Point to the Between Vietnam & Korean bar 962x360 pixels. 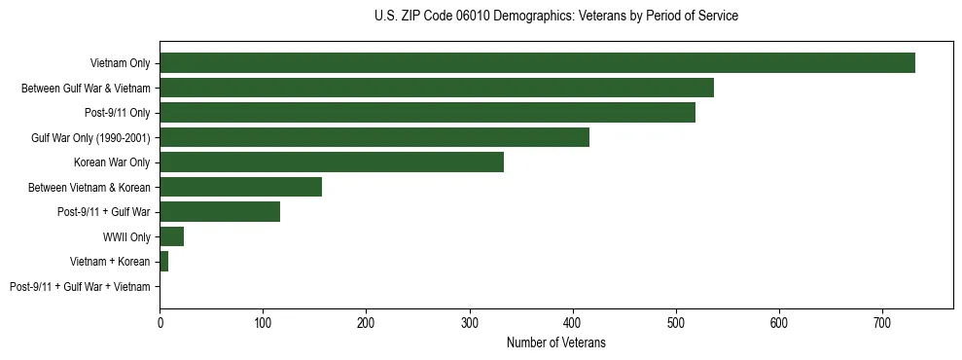240,187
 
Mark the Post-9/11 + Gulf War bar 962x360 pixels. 220,211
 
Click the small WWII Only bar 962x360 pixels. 171,236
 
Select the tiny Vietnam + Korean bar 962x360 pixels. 163,261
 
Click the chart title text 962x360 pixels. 555,17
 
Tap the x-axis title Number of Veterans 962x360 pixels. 555,342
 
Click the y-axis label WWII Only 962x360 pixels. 126,236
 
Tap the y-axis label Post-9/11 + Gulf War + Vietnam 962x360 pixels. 80,286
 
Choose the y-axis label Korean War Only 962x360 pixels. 112,162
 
